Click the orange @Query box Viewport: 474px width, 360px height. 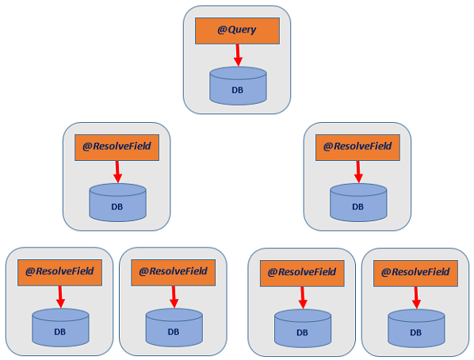coord(237,31)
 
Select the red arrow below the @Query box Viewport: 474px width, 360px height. coord(238,55)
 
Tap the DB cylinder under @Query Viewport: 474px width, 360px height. coord(238,86)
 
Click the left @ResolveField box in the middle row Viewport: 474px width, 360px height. coord(117,147)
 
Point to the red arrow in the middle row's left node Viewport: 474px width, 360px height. coord(117,172)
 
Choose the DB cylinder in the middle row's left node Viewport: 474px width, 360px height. coord(117,202)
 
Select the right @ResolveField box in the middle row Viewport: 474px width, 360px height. coord(357,147)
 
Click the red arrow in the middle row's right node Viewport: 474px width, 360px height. coord(358,172)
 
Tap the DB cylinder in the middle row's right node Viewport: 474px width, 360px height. coord(358,202)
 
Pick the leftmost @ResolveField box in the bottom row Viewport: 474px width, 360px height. coord(60,273)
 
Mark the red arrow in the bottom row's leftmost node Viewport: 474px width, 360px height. coord(60,297)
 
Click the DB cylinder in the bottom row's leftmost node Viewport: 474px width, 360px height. coord(60,327)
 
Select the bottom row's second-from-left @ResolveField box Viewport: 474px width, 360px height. coord(174,273)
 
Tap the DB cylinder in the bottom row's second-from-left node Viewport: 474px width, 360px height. coord(174,327)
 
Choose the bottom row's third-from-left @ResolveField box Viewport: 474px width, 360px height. coord(302,274)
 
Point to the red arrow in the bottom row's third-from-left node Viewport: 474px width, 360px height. coord(303,297)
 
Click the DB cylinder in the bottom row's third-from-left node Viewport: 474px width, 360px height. coord(303,328)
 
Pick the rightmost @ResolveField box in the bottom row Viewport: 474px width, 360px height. coord(415,274)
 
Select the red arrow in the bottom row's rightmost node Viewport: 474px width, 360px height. coord(416,297)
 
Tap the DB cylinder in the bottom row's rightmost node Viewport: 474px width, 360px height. coord(416,328)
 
